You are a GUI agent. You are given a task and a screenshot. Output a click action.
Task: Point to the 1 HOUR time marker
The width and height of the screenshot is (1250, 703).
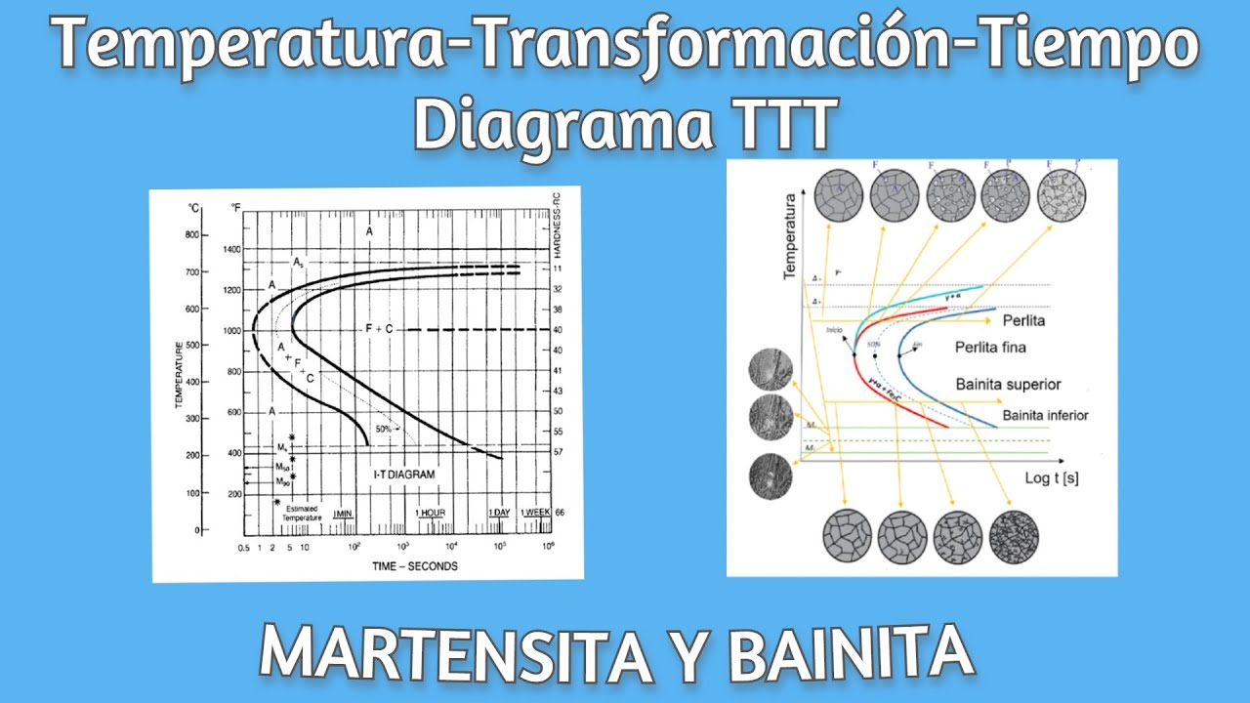pyautogui.click(x=431, y=514)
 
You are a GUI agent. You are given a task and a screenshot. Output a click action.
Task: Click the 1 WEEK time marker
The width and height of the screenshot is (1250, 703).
pyautogui.click(x=535, y=514)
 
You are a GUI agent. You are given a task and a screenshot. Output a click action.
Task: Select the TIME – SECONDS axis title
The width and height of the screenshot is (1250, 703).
pyautogui.click(x=414, y=566)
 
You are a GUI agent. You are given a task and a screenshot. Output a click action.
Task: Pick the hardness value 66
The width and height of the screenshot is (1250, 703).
pyautogui.click(x=560, y=513)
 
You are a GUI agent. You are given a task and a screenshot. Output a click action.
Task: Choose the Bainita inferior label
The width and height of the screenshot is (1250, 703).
pyautogui.click(x=1045, y=416)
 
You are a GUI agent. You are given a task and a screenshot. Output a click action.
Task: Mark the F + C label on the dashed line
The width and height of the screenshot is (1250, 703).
pyautogui.click(x=378, y=330)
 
